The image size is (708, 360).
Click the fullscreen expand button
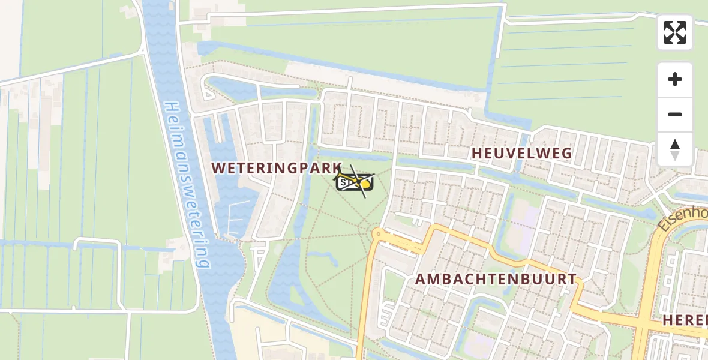(675, 32)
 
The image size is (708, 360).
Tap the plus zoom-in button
(675, 79)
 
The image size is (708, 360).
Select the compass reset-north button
(675, 149)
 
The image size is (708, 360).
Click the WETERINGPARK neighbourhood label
(277, 169)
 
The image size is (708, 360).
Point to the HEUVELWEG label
(521, 153)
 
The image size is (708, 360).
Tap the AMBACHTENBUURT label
(496, 279)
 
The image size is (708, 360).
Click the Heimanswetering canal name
(188, 183)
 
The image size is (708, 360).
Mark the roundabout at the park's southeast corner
(377, 233)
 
